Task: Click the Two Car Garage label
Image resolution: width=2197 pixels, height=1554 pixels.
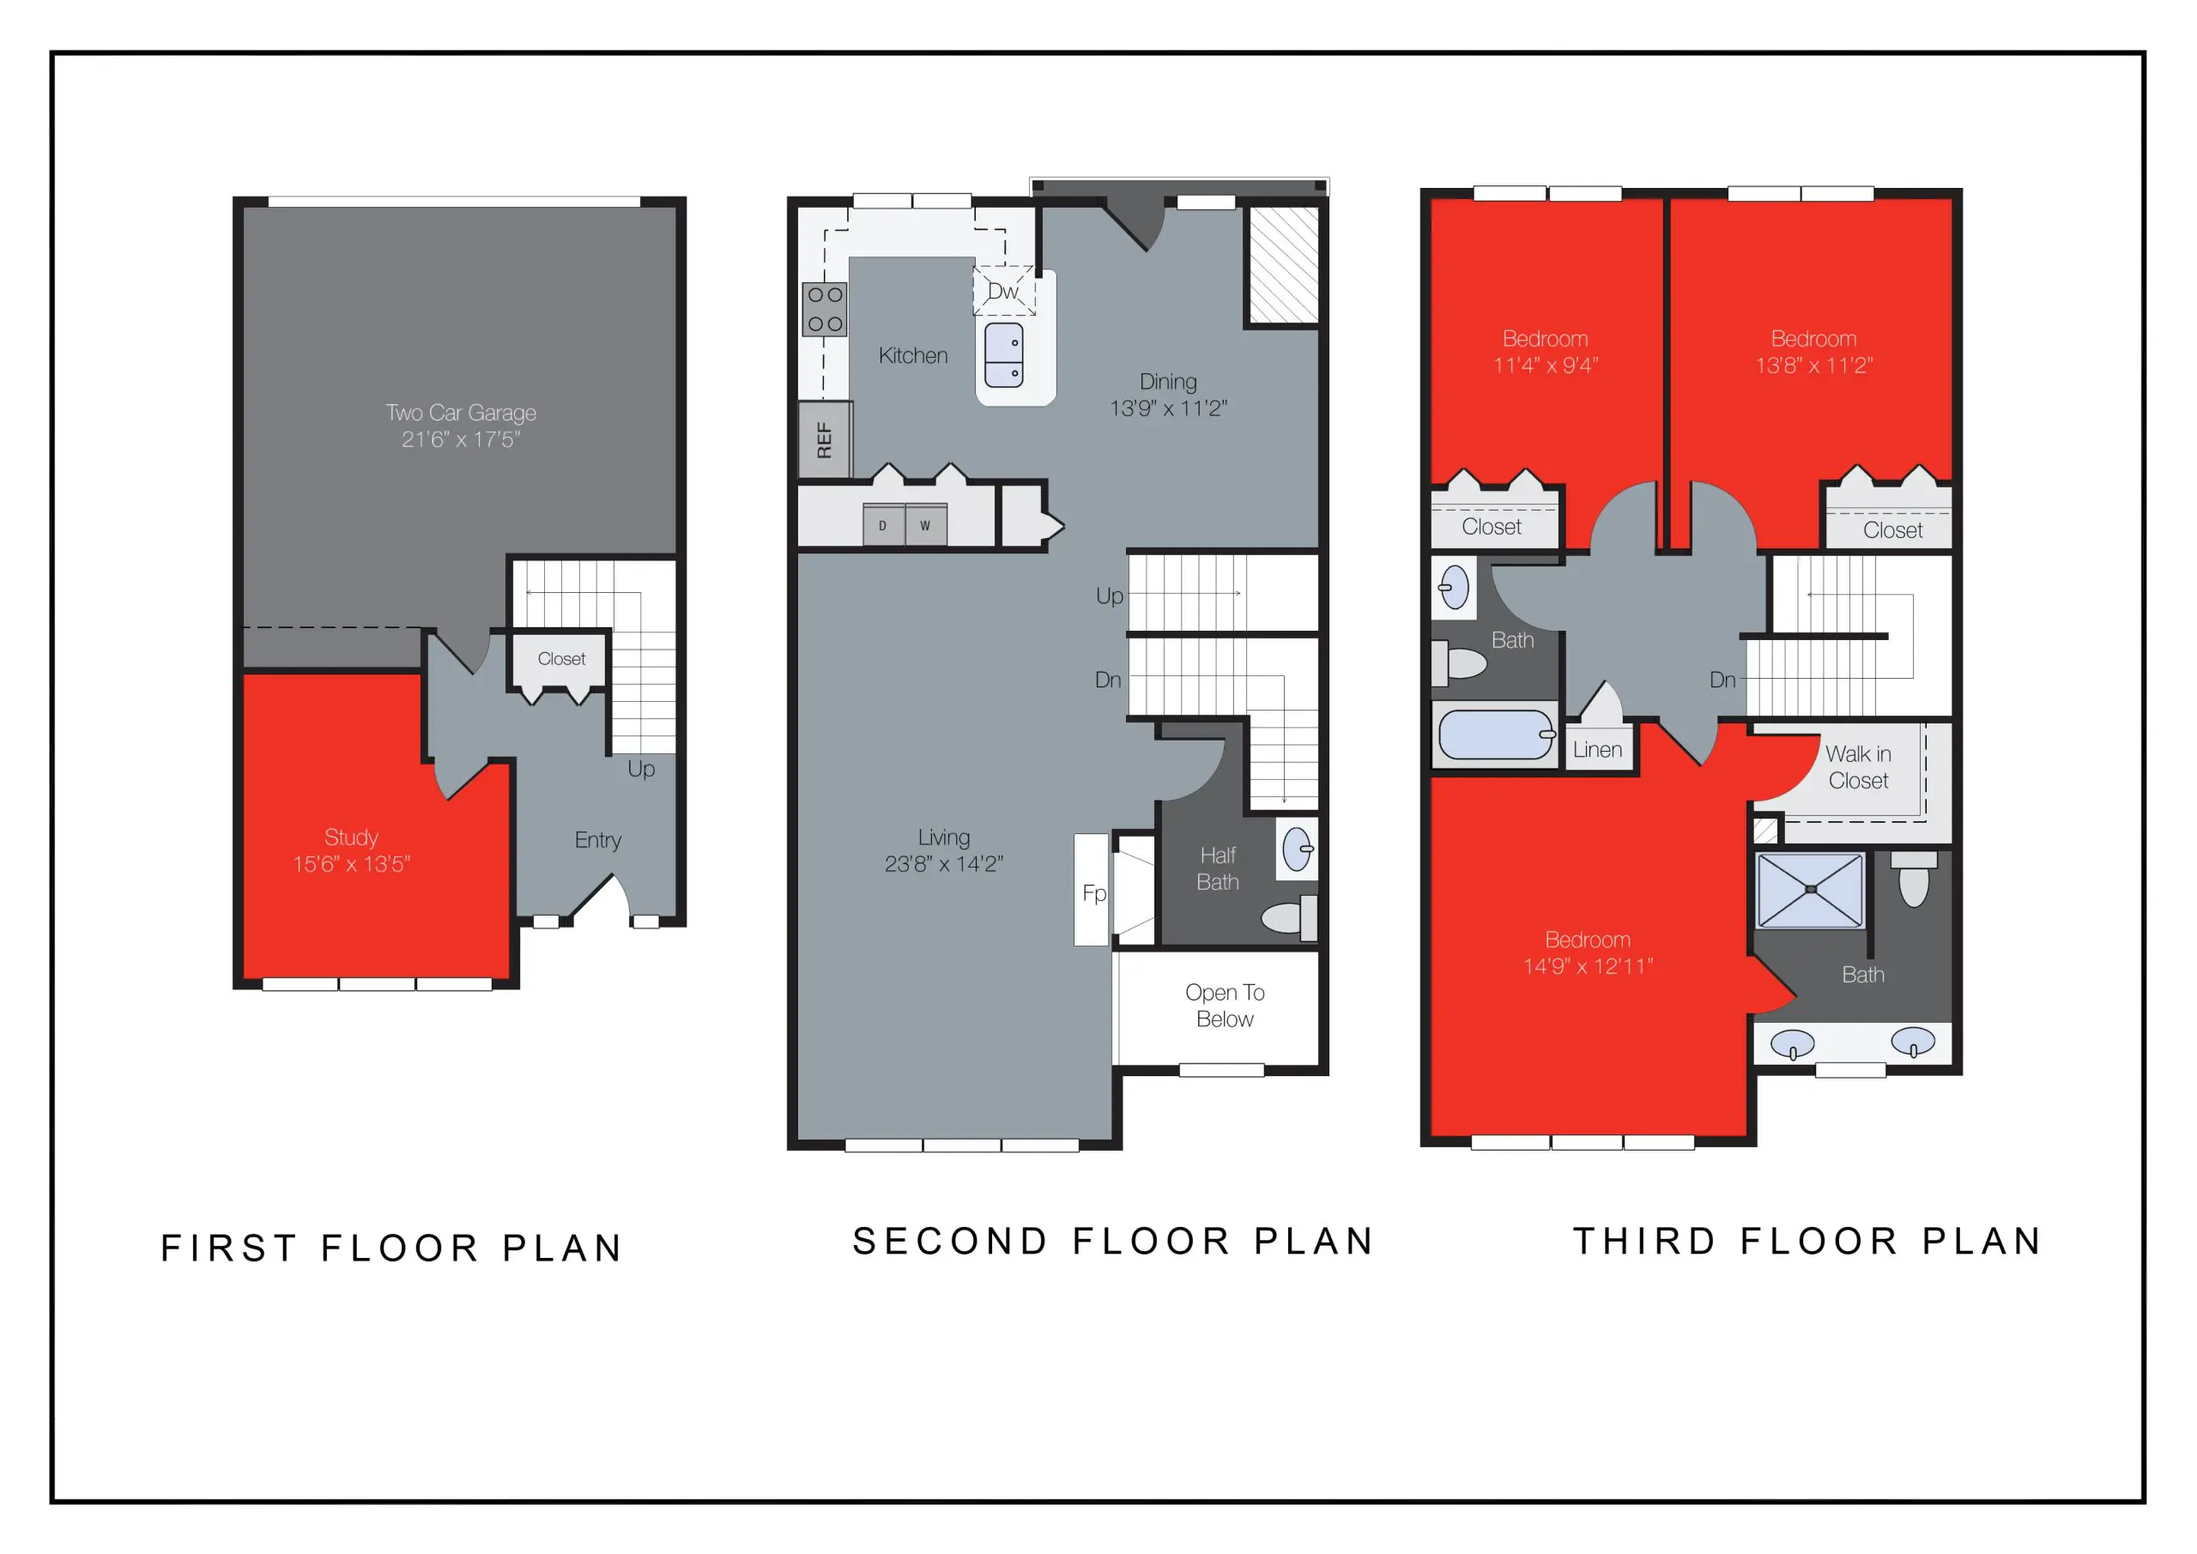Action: (x=460, y=413)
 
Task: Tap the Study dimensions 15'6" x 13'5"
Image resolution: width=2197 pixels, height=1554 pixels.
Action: (x=351, y=864)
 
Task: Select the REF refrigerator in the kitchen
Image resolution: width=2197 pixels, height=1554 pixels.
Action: (x=824, y=440)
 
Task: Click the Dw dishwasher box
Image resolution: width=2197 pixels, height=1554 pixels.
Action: (x=1004, y=291)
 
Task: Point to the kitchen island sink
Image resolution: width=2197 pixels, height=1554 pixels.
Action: (x=1004, y=355)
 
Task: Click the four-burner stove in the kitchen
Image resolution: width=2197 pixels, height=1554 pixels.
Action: (x=824, y=309)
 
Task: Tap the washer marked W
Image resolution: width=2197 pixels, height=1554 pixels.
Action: (x=925, y=525)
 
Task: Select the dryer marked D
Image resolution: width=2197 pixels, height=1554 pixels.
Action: (x=883, y=525)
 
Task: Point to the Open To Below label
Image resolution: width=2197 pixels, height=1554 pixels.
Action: (x=1225, y=1006)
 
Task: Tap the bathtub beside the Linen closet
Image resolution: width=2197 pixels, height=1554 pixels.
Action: (x=1495, y=734)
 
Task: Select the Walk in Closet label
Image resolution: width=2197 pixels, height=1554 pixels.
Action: (x=1857, y=767)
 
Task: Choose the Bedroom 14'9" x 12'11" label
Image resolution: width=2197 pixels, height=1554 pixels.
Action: (x=1588, y=953)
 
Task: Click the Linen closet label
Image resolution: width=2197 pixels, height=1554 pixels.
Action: (x=1597, y=750)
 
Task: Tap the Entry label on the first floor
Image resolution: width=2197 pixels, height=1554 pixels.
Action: (x=598, y=840)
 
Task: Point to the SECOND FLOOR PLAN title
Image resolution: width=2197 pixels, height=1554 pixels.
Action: (x=1113, y=1241)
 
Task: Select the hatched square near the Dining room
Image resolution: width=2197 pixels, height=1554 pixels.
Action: (x=1284, y=265)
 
